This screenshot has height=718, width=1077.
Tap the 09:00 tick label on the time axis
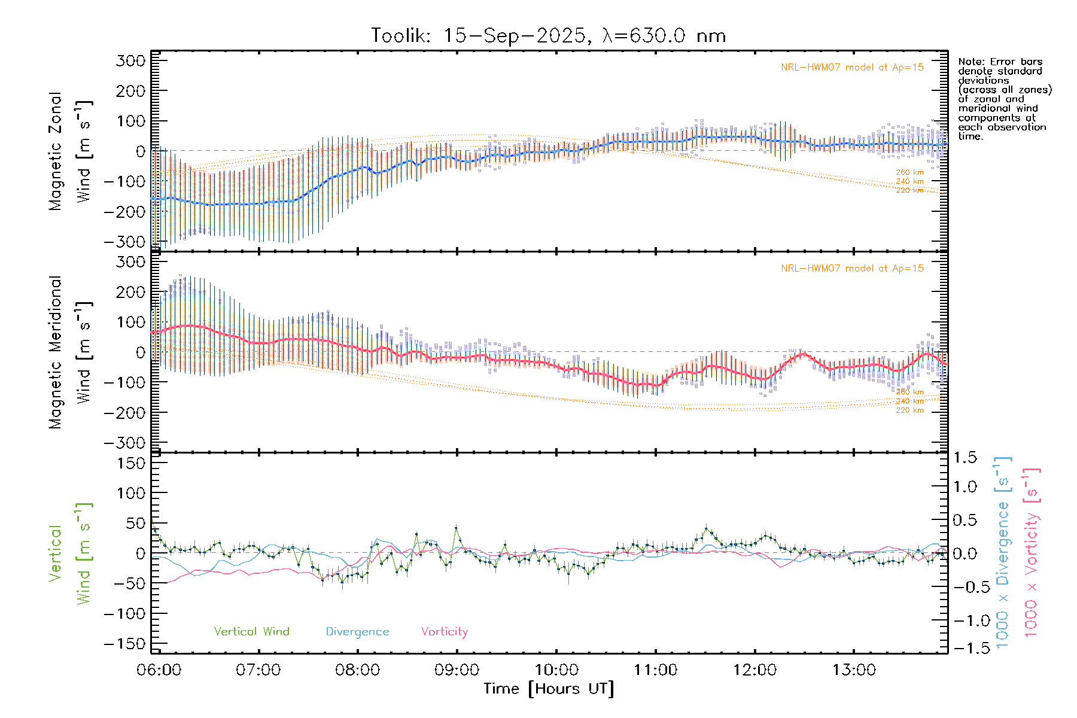[457, 670]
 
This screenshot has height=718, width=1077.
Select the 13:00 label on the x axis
[854, 670]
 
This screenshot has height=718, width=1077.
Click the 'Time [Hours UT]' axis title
[548, 689]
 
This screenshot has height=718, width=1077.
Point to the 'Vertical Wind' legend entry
[251, 631]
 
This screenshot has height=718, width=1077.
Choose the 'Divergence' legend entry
[357, 631]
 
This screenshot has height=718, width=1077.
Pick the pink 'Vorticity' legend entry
[444, 631]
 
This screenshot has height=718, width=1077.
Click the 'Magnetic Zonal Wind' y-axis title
[71, 151]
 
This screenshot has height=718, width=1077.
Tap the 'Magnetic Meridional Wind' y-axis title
[71, 352]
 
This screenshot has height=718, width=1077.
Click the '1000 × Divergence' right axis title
[1003, 552]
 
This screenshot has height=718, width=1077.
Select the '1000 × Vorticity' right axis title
[1032, 552]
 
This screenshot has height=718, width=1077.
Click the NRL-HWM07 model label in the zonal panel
[852, 68]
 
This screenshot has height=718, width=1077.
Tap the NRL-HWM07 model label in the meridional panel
[852, 269]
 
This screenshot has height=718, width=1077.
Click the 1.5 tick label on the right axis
[965, 458]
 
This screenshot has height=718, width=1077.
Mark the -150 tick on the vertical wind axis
[124, 644]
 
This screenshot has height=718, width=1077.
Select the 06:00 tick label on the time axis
[159, 670]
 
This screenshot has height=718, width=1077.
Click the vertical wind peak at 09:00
[457, 528]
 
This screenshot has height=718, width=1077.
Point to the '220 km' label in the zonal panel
[909, 190]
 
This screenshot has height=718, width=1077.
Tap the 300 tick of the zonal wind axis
[130, 60]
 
